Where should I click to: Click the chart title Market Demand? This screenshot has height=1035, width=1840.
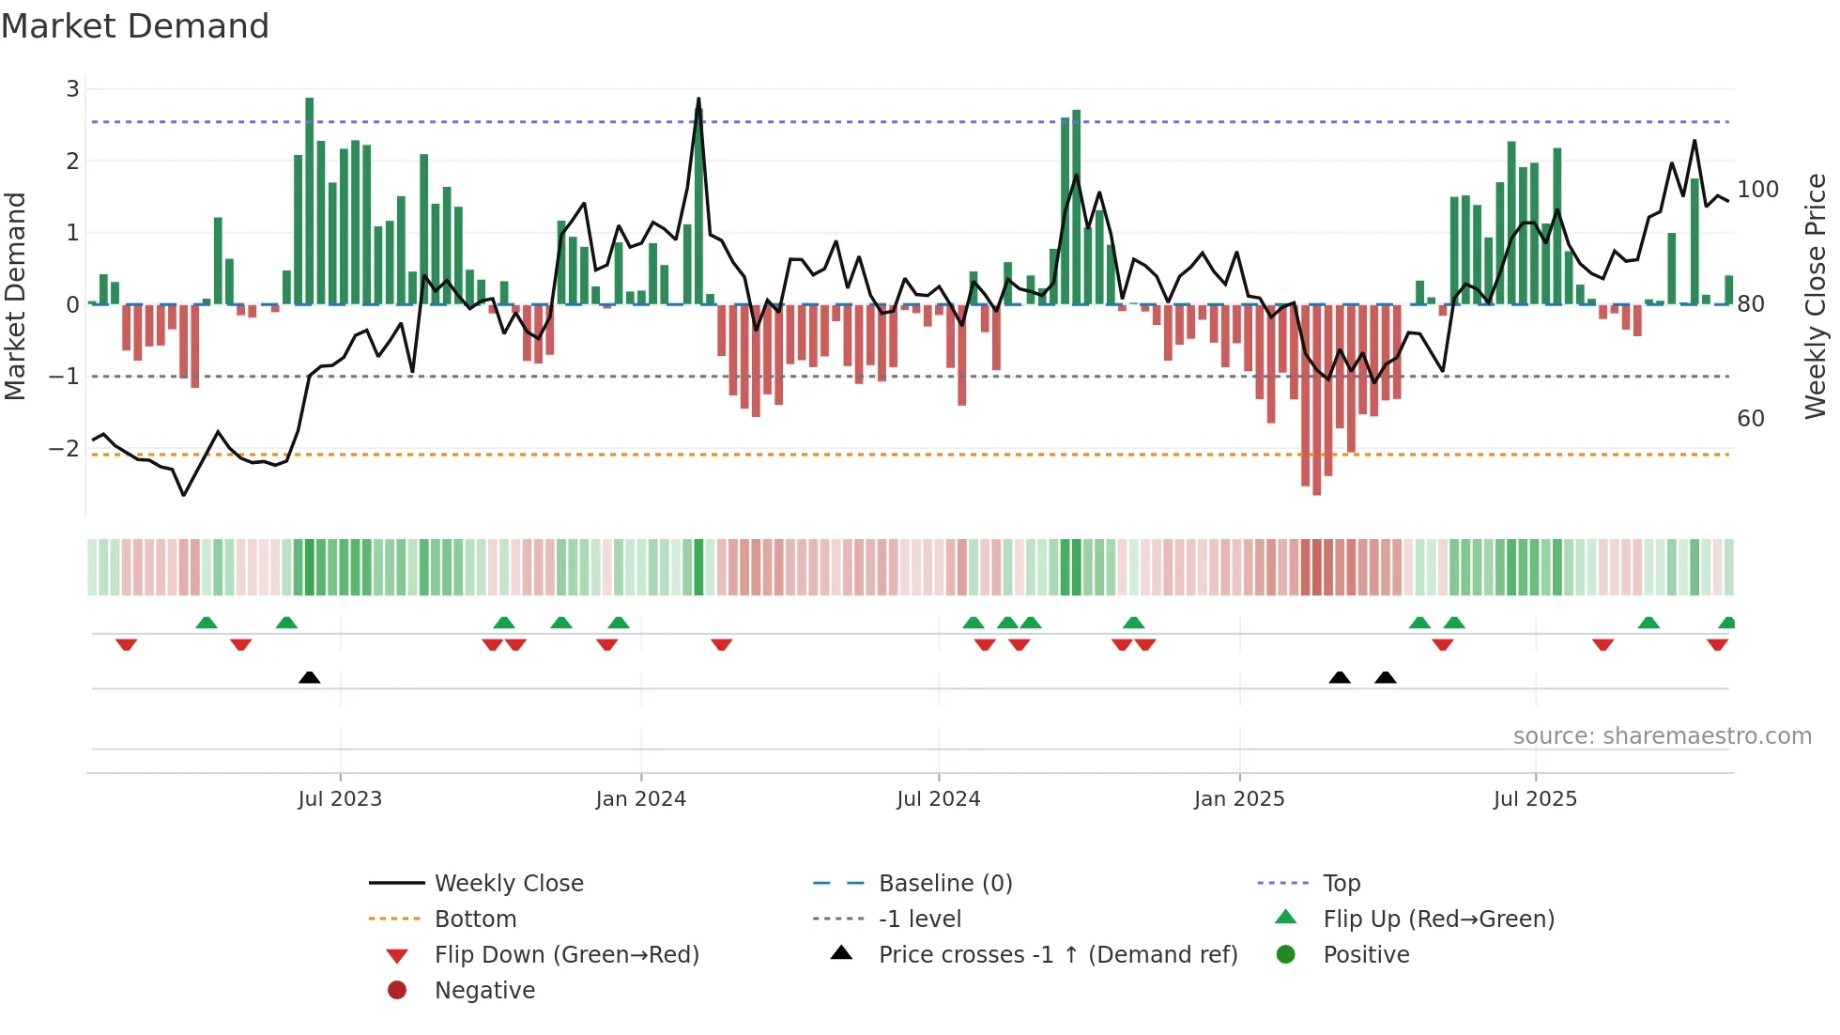pos(135,26)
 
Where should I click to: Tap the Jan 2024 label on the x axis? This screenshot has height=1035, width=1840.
pos(640,799)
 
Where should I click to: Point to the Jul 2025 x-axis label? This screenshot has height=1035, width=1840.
pos(1535,799)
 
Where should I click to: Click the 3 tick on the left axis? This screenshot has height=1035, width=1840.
pos(72,89)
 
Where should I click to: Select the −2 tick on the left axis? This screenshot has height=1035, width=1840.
pos(65,448)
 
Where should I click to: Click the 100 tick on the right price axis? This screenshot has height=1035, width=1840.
pos(1757,190)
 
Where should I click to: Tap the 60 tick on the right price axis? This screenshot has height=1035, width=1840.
pos(1750,419)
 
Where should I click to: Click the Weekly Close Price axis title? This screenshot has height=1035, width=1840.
pos(1816,296)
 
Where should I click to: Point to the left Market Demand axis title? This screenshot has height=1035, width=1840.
pos(16,296)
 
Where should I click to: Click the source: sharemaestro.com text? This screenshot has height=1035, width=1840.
pos(1662,736)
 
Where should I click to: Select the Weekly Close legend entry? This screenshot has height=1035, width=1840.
pos(508,884)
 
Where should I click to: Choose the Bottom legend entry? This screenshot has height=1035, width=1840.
pos(475,919)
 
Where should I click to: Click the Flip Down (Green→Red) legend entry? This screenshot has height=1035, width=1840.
pos(566,955)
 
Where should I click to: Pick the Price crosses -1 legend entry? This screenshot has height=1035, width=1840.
pos(1057,955)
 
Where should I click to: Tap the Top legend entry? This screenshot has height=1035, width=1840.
pos(1341,884)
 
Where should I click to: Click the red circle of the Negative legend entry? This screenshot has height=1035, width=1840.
pos(397,991)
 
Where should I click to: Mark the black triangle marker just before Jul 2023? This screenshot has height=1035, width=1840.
pos(309,677)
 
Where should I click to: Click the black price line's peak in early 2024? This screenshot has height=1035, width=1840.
pos(698,99)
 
